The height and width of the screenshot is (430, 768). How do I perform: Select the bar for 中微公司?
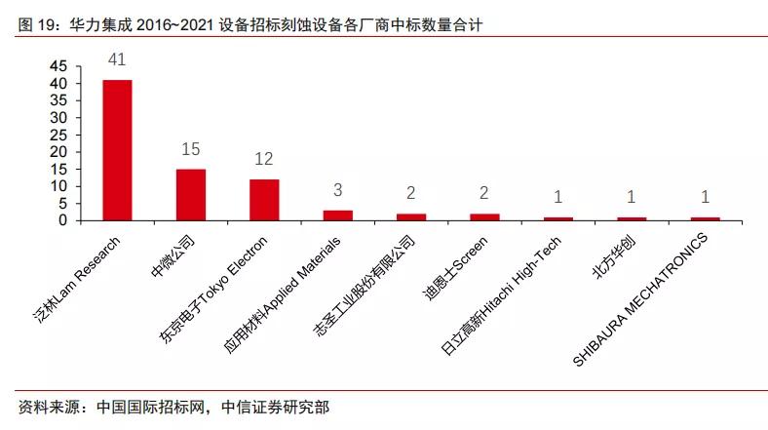(191, 194)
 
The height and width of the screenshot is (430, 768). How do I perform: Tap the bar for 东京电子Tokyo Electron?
(264, 199)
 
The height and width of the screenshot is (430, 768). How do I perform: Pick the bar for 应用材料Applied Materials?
(337, 215)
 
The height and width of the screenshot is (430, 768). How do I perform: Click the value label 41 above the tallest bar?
(117, 60)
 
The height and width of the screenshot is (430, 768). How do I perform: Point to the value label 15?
(191, 149)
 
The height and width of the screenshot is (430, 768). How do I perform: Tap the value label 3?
(337, 190)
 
